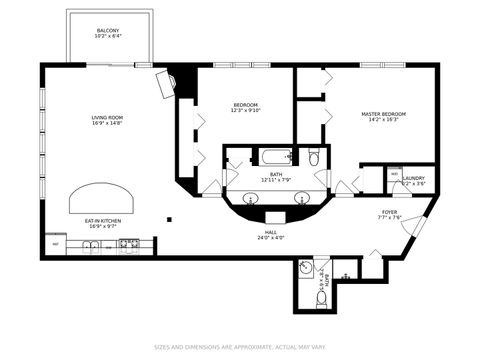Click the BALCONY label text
pos(108,31)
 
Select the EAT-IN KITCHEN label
pos(104,221)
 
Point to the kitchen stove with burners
pos(128,243)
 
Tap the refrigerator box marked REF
pos(56,243)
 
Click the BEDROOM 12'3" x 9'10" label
pos(246,108)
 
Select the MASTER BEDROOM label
pos(379,117)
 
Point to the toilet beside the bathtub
pos(314,157)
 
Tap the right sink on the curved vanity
pos(298,197)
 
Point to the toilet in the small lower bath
pos(322,297)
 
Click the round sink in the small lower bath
pos(305,268)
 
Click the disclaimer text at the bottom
pos(239,348)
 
